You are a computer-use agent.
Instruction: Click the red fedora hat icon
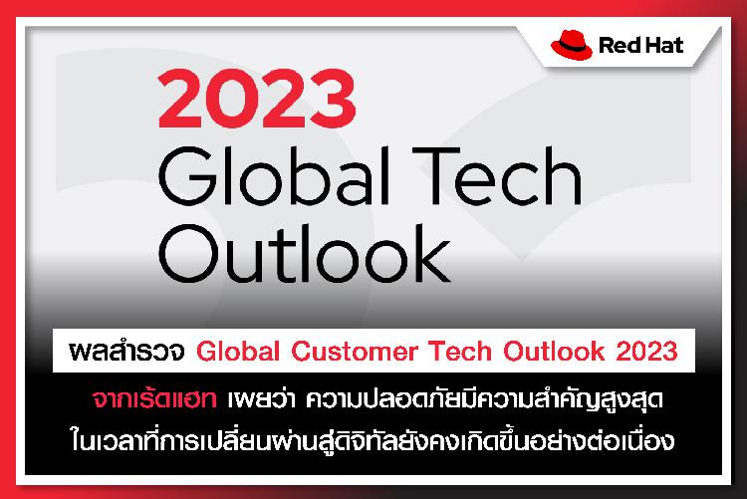point(572,45)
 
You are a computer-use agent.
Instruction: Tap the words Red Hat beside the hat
point(640,45)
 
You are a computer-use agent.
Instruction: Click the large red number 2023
point(257,99)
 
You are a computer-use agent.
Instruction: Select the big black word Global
point(275,175)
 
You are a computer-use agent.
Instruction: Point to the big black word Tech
point(496,175)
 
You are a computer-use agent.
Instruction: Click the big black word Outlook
point(305,253)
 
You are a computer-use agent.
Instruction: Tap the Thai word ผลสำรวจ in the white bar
point(126,352)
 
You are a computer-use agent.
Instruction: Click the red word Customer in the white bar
point(355,352)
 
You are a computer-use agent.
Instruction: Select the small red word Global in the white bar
point(238,352)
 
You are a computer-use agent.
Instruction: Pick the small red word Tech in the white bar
point(460,352)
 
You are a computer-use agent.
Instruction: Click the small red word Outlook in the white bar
point(554,352)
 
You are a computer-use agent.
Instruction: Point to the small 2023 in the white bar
point(646,352)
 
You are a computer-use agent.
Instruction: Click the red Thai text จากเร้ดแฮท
point(154,399)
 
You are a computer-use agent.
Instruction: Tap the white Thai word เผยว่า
point(260,399)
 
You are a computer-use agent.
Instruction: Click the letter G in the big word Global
point(187,176)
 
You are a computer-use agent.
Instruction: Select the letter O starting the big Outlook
point(187,254)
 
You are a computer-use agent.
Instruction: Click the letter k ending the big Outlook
point(431,253)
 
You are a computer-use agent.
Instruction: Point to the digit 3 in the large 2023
point(334,99)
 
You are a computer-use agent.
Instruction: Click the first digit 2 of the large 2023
point(180,99)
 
